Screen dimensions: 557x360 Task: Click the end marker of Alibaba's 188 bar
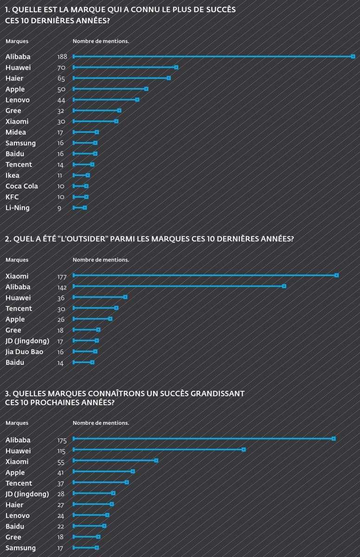pos(353,57)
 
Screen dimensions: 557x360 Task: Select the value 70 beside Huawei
pos(61,68)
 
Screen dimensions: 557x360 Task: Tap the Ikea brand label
pos(13,175)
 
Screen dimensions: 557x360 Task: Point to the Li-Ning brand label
pos(18,208)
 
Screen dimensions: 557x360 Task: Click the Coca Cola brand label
pos(22,186)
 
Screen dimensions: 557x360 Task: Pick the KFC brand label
pos(12,197)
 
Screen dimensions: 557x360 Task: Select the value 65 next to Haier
pos(61,78)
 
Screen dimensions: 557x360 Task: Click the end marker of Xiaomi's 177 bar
pos(336,276)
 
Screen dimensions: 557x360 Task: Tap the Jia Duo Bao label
pos(24,352)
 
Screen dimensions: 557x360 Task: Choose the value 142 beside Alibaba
pos(62,287)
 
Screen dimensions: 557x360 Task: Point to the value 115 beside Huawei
pos(61,451)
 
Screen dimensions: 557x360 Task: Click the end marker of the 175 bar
pos(334,439)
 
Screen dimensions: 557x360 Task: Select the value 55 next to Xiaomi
pos(61,462)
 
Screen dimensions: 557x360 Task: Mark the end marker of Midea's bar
pos(96,132)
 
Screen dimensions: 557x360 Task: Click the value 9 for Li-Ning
pos(59,208)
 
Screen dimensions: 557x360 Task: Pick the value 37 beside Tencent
pos(61,484)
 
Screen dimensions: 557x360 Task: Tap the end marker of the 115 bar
pos(244,449)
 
